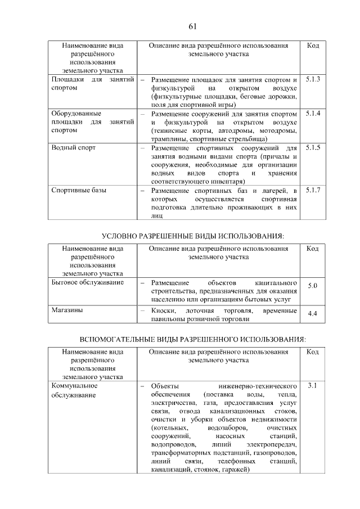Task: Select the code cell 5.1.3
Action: click(313, 80)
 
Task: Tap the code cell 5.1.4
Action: click(313, 114)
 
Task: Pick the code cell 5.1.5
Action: click(313, 147)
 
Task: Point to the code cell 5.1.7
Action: click(313, 190)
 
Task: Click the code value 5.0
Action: click(313, 286)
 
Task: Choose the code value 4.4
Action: click(313, 314)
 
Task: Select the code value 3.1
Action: click(313, 386)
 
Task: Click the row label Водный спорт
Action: click(74, 148)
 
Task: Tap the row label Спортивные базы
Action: click(79, 191)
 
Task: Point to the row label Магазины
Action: click(67, 310)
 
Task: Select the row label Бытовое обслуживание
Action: click(87, 282)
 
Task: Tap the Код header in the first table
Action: click(313, 46)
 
